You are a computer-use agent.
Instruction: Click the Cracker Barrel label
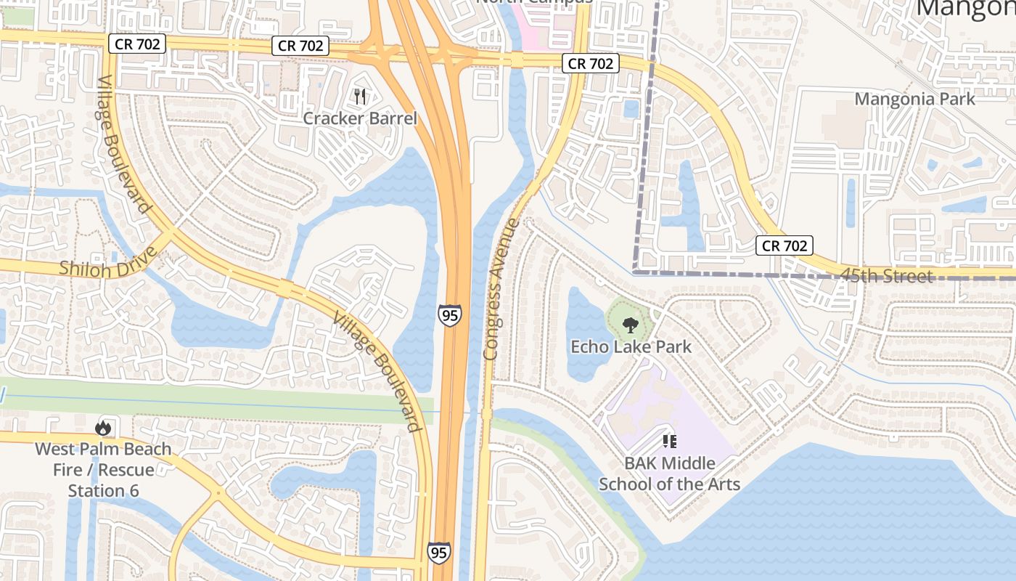[360, 118]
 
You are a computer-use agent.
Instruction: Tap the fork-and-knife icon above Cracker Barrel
[360, 96]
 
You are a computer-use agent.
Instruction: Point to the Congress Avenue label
[501, 288]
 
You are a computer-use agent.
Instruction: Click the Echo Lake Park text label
[631, 346]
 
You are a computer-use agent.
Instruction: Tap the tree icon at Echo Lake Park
[630, 325]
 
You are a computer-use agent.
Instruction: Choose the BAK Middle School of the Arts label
[669, 474]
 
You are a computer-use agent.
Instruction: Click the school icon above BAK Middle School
[669, 441]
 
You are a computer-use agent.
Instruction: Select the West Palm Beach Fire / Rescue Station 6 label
[103, 469]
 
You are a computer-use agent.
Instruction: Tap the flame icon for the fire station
[103, 428]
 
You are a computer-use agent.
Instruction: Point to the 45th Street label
[887, 276]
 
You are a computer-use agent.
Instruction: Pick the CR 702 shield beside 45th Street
[784, 245]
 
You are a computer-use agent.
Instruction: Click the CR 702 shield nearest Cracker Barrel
[301, 46]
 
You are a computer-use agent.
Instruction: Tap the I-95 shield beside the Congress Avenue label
[448, 315]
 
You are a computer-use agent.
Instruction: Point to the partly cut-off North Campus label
[534, 2]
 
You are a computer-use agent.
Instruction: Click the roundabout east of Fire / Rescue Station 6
[217, 493]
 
